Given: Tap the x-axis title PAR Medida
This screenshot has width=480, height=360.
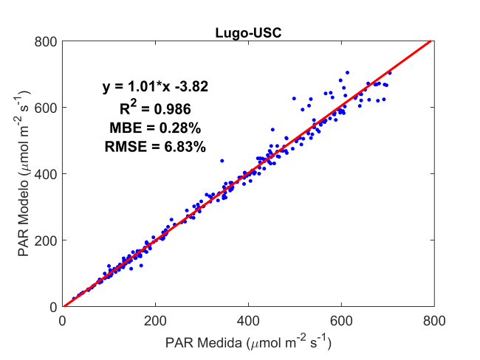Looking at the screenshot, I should pyautogui.click(x=248, y=342).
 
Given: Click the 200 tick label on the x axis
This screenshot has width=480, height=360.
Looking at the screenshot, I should pyautogui.click(x=155, y=321).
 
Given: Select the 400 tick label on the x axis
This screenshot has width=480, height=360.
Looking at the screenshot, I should pyautogui.click(x=248, y=321).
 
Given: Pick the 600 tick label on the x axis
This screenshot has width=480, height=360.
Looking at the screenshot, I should pyautogui.click(x=341, y=321).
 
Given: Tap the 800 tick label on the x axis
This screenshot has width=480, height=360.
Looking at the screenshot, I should pyautogui.click(x=433, y=321).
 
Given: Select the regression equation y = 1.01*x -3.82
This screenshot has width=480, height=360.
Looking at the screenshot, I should pyautogui.click(x=155, y=87).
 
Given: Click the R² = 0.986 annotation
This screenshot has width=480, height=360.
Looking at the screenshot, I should pyautogui.click(x=155, y=108).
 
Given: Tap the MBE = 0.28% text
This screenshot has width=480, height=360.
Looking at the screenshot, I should pyautogui.click(x=155, y=128).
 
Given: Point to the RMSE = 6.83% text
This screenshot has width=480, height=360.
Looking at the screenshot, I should pyautogui.click(x=155, y=148).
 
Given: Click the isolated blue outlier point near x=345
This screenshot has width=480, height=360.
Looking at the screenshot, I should pyautogui.click(x=222, y=160).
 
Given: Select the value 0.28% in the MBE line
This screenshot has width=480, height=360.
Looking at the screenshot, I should pyautogui.click(x=177, y=128).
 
